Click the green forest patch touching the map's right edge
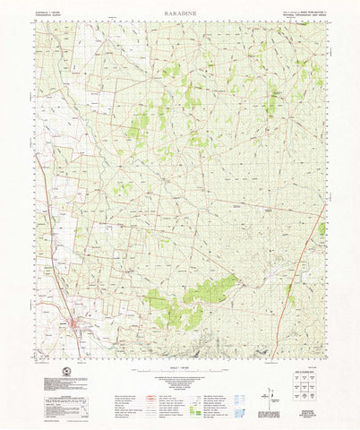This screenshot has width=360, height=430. coord(321,229)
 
